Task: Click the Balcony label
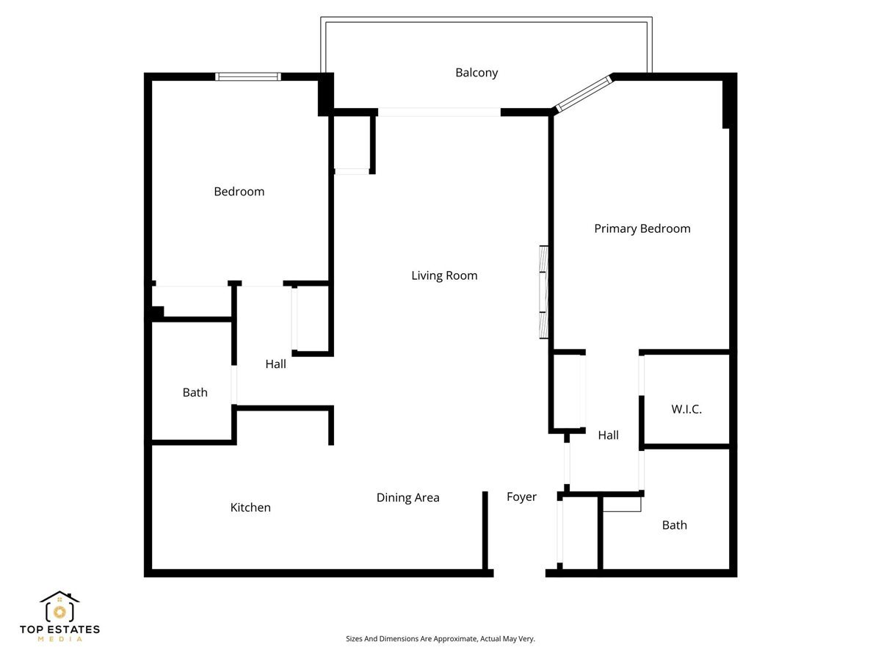(476, 73)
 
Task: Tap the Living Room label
(444, 275)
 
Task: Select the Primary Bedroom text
(642, 228)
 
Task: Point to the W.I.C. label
(686, 409)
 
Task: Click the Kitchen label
(250, 508)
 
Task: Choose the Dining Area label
(407, 497)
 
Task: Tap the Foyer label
(521, 496)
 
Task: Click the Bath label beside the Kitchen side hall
(195, 392)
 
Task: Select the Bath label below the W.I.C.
(674, 524)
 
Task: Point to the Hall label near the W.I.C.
(608, 435)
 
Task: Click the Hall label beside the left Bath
(275, 364)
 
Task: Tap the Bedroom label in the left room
(239, 192)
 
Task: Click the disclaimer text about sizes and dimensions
(440, 639)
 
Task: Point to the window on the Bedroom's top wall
(247, 76)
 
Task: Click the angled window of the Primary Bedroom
(584, 93)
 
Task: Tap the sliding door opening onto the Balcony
(439, 112)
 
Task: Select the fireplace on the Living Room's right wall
(543, 292)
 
